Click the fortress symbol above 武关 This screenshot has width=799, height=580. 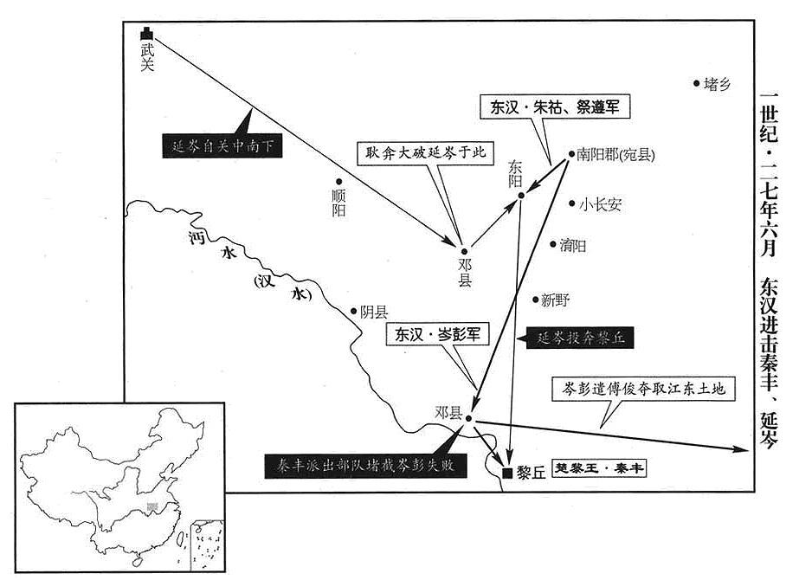(x=147, y=34)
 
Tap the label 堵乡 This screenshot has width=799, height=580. (x=718, y=84)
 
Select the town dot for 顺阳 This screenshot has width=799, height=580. (x=338, y=182)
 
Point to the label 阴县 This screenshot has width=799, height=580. (x=375, y=312)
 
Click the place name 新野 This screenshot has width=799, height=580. (x=556, y=300)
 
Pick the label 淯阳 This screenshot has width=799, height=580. (x=573, y=246)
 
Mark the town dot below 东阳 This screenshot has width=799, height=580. (x=521, y=196)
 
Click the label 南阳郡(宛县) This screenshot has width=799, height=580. (x=615, y=154)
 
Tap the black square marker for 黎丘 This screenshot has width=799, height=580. (x=507, y=473)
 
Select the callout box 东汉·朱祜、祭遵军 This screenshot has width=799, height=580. (x=556, y=106)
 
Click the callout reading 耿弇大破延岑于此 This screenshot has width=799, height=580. (x=426, y=152)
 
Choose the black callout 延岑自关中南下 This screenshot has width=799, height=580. (x=222, y=146)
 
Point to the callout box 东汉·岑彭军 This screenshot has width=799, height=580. (x=438, y=334)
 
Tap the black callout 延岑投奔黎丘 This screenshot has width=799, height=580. (x=580, y=338)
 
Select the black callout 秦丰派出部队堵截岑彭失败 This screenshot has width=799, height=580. (x=365, y=466)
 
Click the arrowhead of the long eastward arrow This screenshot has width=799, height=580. (x=741, y=449)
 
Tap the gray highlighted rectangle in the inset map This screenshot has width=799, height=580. (x=151, y=506)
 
